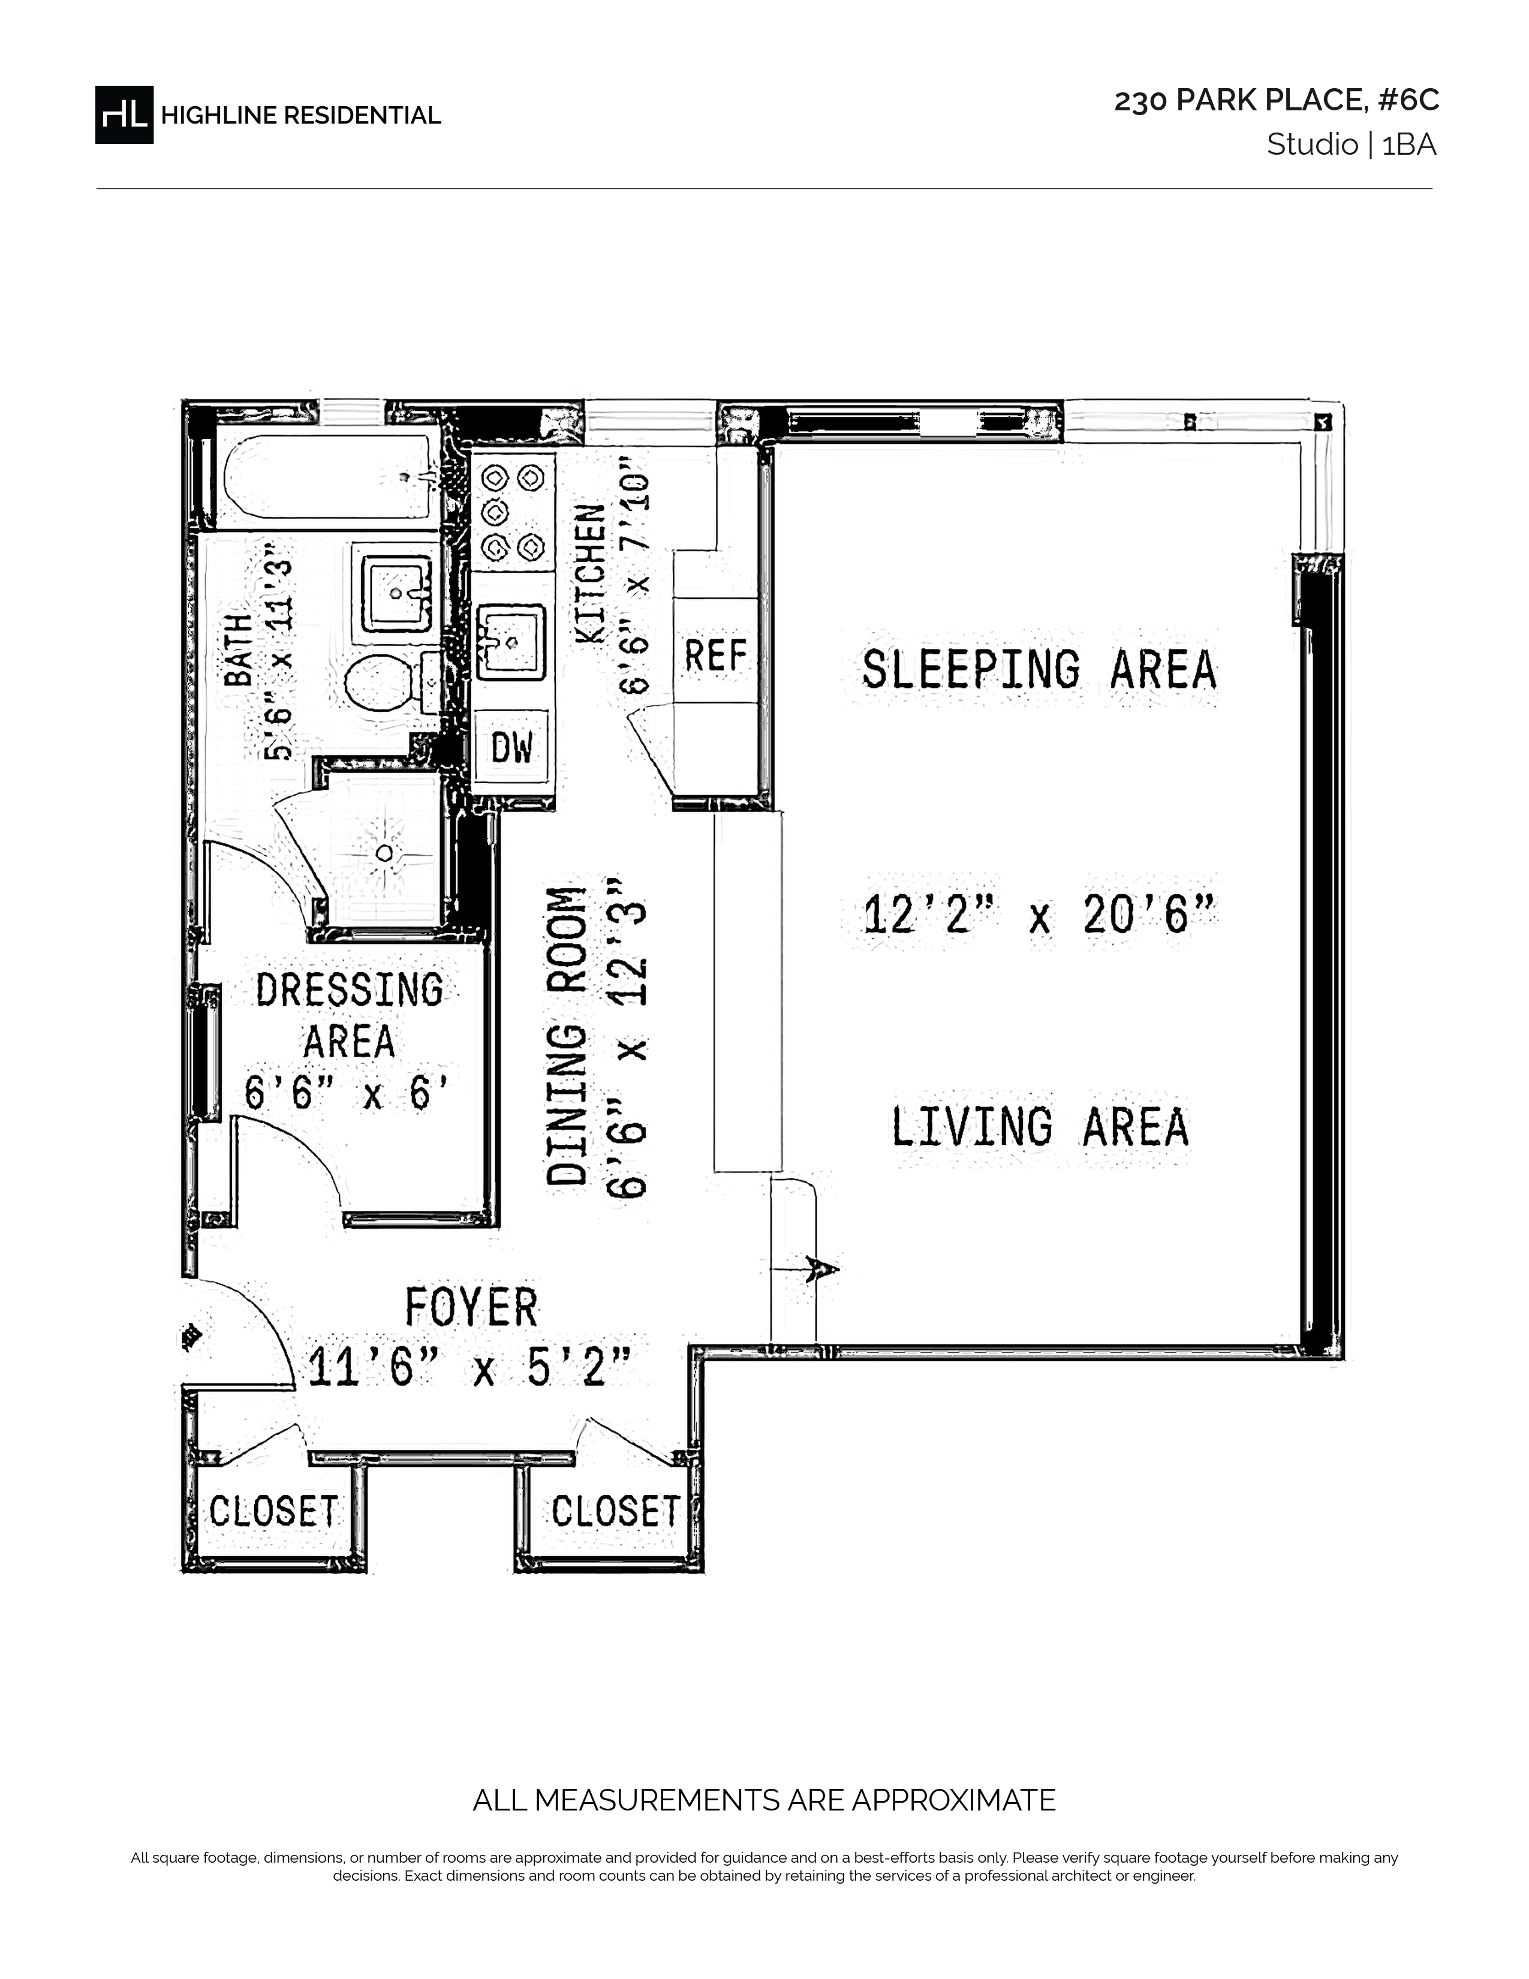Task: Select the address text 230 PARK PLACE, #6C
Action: (x=1277, y=101)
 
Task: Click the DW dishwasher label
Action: (x=513, y=748)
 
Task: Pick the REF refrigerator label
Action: (x=715, y=655)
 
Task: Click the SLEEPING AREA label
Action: (x=1039, y=669)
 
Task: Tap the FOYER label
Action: (x=471, y=1307)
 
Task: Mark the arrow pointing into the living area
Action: (x=804, y=1268)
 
